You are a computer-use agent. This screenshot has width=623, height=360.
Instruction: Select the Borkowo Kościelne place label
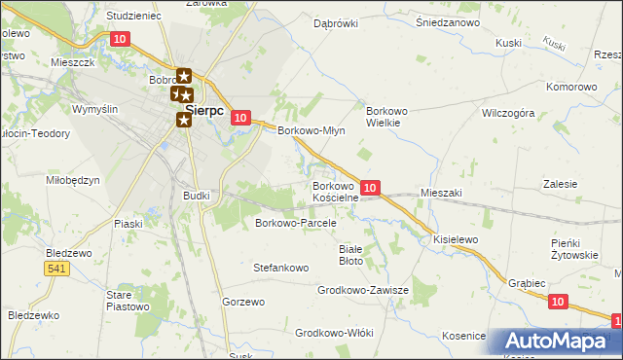336,191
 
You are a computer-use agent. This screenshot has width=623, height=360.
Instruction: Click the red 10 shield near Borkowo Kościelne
370,186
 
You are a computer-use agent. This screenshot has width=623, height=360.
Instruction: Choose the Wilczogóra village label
508,113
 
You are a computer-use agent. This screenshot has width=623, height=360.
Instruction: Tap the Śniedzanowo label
450,21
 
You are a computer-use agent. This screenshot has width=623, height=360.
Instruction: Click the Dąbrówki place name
336,23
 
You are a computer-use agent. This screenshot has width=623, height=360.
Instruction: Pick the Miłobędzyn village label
73,181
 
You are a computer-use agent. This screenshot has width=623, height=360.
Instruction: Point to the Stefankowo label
280,267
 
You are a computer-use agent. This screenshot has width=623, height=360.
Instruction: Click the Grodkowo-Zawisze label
362,290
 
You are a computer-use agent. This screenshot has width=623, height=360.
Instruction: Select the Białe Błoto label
350,254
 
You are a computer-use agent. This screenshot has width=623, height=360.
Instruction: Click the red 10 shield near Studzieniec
120,39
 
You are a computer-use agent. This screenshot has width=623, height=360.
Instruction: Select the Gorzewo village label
243,302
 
